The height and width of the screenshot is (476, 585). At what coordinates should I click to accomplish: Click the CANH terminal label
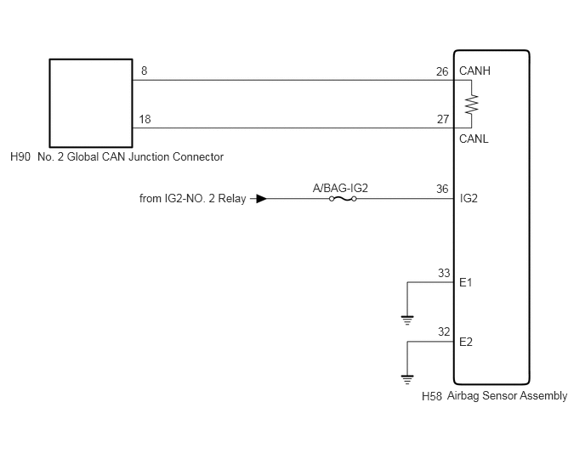click(x=474, y=71)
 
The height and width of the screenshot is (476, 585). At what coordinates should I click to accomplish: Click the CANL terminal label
click(x=474, y=139)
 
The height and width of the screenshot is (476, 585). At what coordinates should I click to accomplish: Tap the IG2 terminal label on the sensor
click(x=469, y=198)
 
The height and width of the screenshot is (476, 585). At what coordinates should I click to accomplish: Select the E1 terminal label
click(x=466, y=282)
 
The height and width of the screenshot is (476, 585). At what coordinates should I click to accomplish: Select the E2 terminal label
click(x=466, y=342)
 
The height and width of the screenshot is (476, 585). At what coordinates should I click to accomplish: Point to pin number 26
click(x=442, y=71)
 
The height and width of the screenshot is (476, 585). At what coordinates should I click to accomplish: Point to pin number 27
click(x=443, y=119)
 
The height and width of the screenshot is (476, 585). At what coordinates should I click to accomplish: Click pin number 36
click(x=442, y=189)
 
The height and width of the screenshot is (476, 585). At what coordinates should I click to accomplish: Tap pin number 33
click(x=444, y=273)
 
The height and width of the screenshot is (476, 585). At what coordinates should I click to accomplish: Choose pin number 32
click(x=444, y=331)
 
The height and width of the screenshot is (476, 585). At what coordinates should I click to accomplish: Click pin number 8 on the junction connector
click(x=144, y=71)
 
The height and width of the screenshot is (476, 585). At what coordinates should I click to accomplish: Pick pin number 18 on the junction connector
click(x=145, y=119)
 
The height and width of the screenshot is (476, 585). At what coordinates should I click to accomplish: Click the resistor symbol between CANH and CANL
click(x=471, y=104)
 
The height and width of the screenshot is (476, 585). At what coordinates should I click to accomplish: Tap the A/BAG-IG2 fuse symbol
click(x=343, y=199)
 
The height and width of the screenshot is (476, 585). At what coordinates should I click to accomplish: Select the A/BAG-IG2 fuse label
click(x=340, y=188)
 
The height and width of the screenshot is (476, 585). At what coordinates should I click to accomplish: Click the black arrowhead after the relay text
click(x=262, y=198)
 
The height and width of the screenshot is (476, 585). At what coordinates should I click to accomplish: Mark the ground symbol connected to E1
click(x=407, y=320)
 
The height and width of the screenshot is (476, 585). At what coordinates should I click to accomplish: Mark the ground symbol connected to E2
click(x=407, y=380)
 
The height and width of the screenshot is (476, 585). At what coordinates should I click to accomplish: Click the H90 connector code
click(x=20, y=156)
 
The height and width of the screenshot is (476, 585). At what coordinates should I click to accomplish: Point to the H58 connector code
click(x=432, y=396)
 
